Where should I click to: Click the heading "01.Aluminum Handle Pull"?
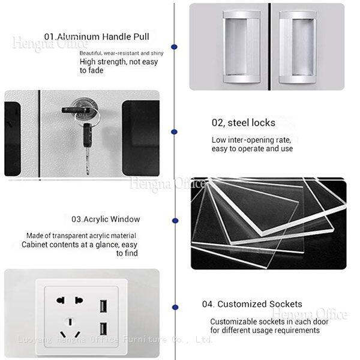pos(97,37)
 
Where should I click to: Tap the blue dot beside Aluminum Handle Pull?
pos(174,47)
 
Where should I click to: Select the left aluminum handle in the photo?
pos(242,47)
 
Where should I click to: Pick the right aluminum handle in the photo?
pos(298,47)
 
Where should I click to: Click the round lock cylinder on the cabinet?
pos(85,108)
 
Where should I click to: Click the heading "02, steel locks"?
pos(244,123)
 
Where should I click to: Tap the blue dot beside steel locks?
pos(174,132)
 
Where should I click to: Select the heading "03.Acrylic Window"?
pos(106,219)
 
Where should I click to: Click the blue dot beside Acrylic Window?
pos(175,221)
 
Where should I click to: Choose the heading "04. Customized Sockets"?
pos(252,304)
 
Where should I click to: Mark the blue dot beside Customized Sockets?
pos(175,307)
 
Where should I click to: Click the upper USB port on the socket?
pos(103,306)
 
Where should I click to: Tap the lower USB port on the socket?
pos(103,329)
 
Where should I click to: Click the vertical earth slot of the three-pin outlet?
pos(70,322)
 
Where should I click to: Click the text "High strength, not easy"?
pos(119,62)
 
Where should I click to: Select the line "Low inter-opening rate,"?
pos(251,140)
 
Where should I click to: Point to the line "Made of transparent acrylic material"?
pos(81,236)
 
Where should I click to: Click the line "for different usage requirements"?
pos(265,331)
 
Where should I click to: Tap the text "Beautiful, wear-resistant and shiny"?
pos(121,53)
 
